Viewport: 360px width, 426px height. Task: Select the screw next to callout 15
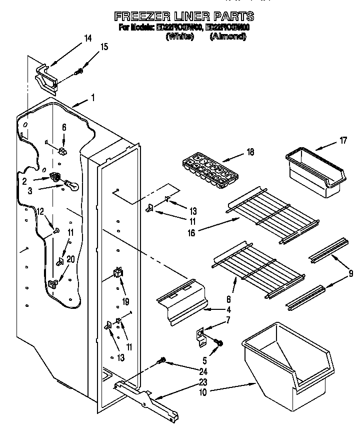pyautogui.click(x=78, y=72)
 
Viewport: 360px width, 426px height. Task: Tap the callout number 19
pyautogui.click(x=125, y=302)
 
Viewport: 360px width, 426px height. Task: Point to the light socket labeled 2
pyautogui.click(x=55, y=176)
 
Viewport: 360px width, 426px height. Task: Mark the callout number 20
pyautogui.click(x=70, y=259)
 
